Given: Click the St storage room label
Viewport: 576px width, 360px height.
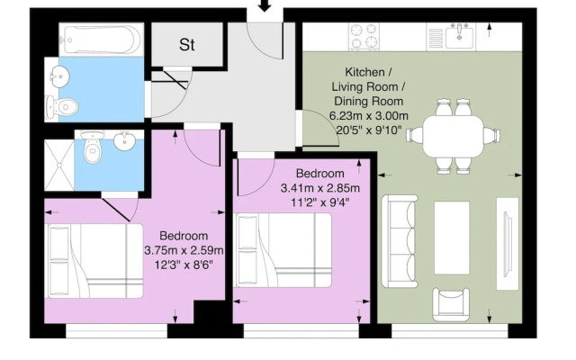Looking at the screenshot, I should pyautogui.click(x=187, y=43).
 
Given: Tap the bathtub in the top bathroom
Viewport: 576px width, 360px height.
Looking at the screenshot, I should pyautogui.click(x=100, y=40).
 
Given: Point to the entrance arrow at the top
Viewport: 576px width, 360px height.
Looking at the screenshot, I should pyautogui.click(x=265, y=7).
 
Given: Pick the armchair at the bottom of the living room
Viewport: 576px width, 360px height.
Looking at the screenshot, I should pyautogui.click(x=451, y=303).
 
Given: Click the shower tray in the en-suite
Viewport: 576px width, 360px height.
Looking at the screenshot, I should pyautogui.click(x=61, y=162).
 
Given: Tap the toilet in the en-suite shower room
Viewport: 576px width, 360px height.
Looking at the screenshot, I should pyautogui.click(x=91, y=150).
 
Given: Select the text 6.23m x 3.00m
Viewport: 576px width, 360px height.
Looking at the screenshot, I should pyautogui.click(x=368, y=115).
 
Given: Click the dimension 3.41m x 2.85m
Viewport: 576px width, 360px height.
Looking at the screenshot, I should pyautogui.click(x=319, y=188).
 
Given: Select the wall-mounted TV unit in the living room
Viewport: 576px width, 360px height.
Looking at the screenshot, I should pyautogui.click(x=508, y=236).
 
